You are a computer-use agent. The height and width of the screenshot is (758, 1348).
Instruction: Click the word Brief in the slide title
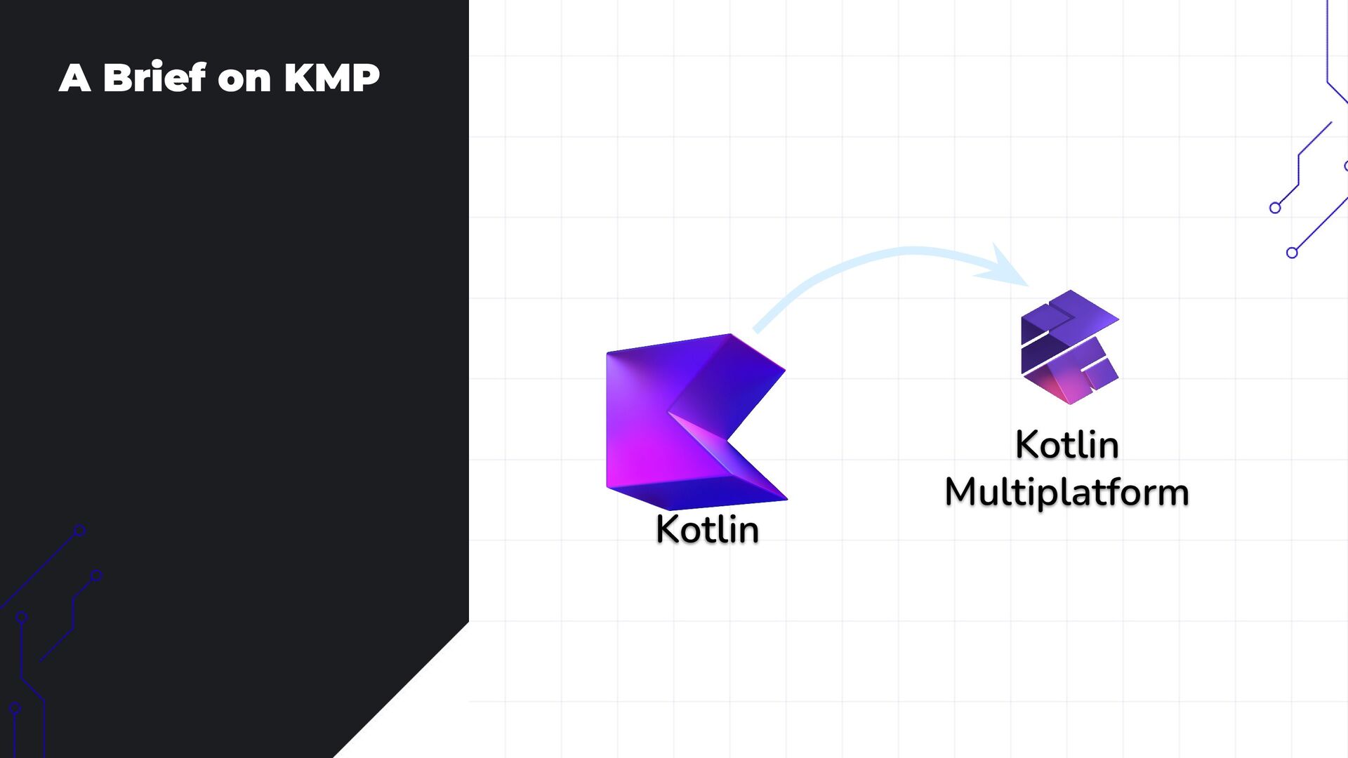point(154,77)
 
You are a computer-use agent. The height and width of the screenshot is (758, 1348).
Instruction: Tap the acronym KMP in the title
point(331,77)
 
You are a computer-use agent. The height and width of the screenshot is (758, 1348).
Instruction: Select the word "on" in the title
point(244,79)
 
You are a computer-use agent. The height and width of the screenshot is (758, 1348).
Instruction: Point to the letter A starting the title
point(74,77)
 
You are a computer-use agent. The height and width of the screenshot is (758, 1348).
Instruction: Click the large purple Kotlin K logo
point(674,421)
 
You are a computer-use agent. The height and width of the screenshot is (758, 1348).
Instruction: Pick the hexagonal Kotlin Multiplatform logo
point(1069,347)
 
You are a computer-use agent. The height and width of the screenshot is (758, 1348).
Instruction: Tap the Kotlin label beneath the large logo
point(707,529)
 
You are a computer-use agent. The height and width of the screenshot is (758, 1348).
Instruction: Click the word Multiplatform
point(1066,492)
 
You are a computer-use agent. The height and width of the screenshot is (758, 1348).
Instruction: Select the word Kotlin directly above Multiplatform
point(1066,445)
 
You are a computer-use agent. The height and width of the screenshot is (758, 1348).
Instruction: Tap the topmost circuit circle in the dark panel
point(80,531)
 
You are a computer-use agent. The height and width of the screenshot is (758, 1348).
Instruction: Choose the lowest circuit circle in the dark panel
point(15,708)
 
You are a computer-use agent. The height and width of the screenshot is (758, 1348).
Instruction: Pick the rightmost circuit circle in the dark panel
point(97,576)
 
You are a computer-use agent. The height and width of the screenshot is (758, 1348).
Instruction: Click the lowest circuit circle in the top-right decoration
point(1292,253)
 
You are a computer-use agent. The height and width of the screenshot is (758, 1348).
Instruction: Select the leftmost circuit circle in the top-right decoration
point(1275,208)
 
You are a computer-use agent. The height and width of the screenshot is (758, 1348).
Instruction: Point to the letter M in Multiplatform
point(961,491)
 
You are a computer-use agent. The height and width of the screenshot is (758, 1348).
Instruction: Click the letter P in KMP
point(365,77)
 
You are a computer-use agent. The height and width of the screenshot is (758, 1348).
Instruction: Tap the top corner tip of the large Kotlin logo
point(730,335)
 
